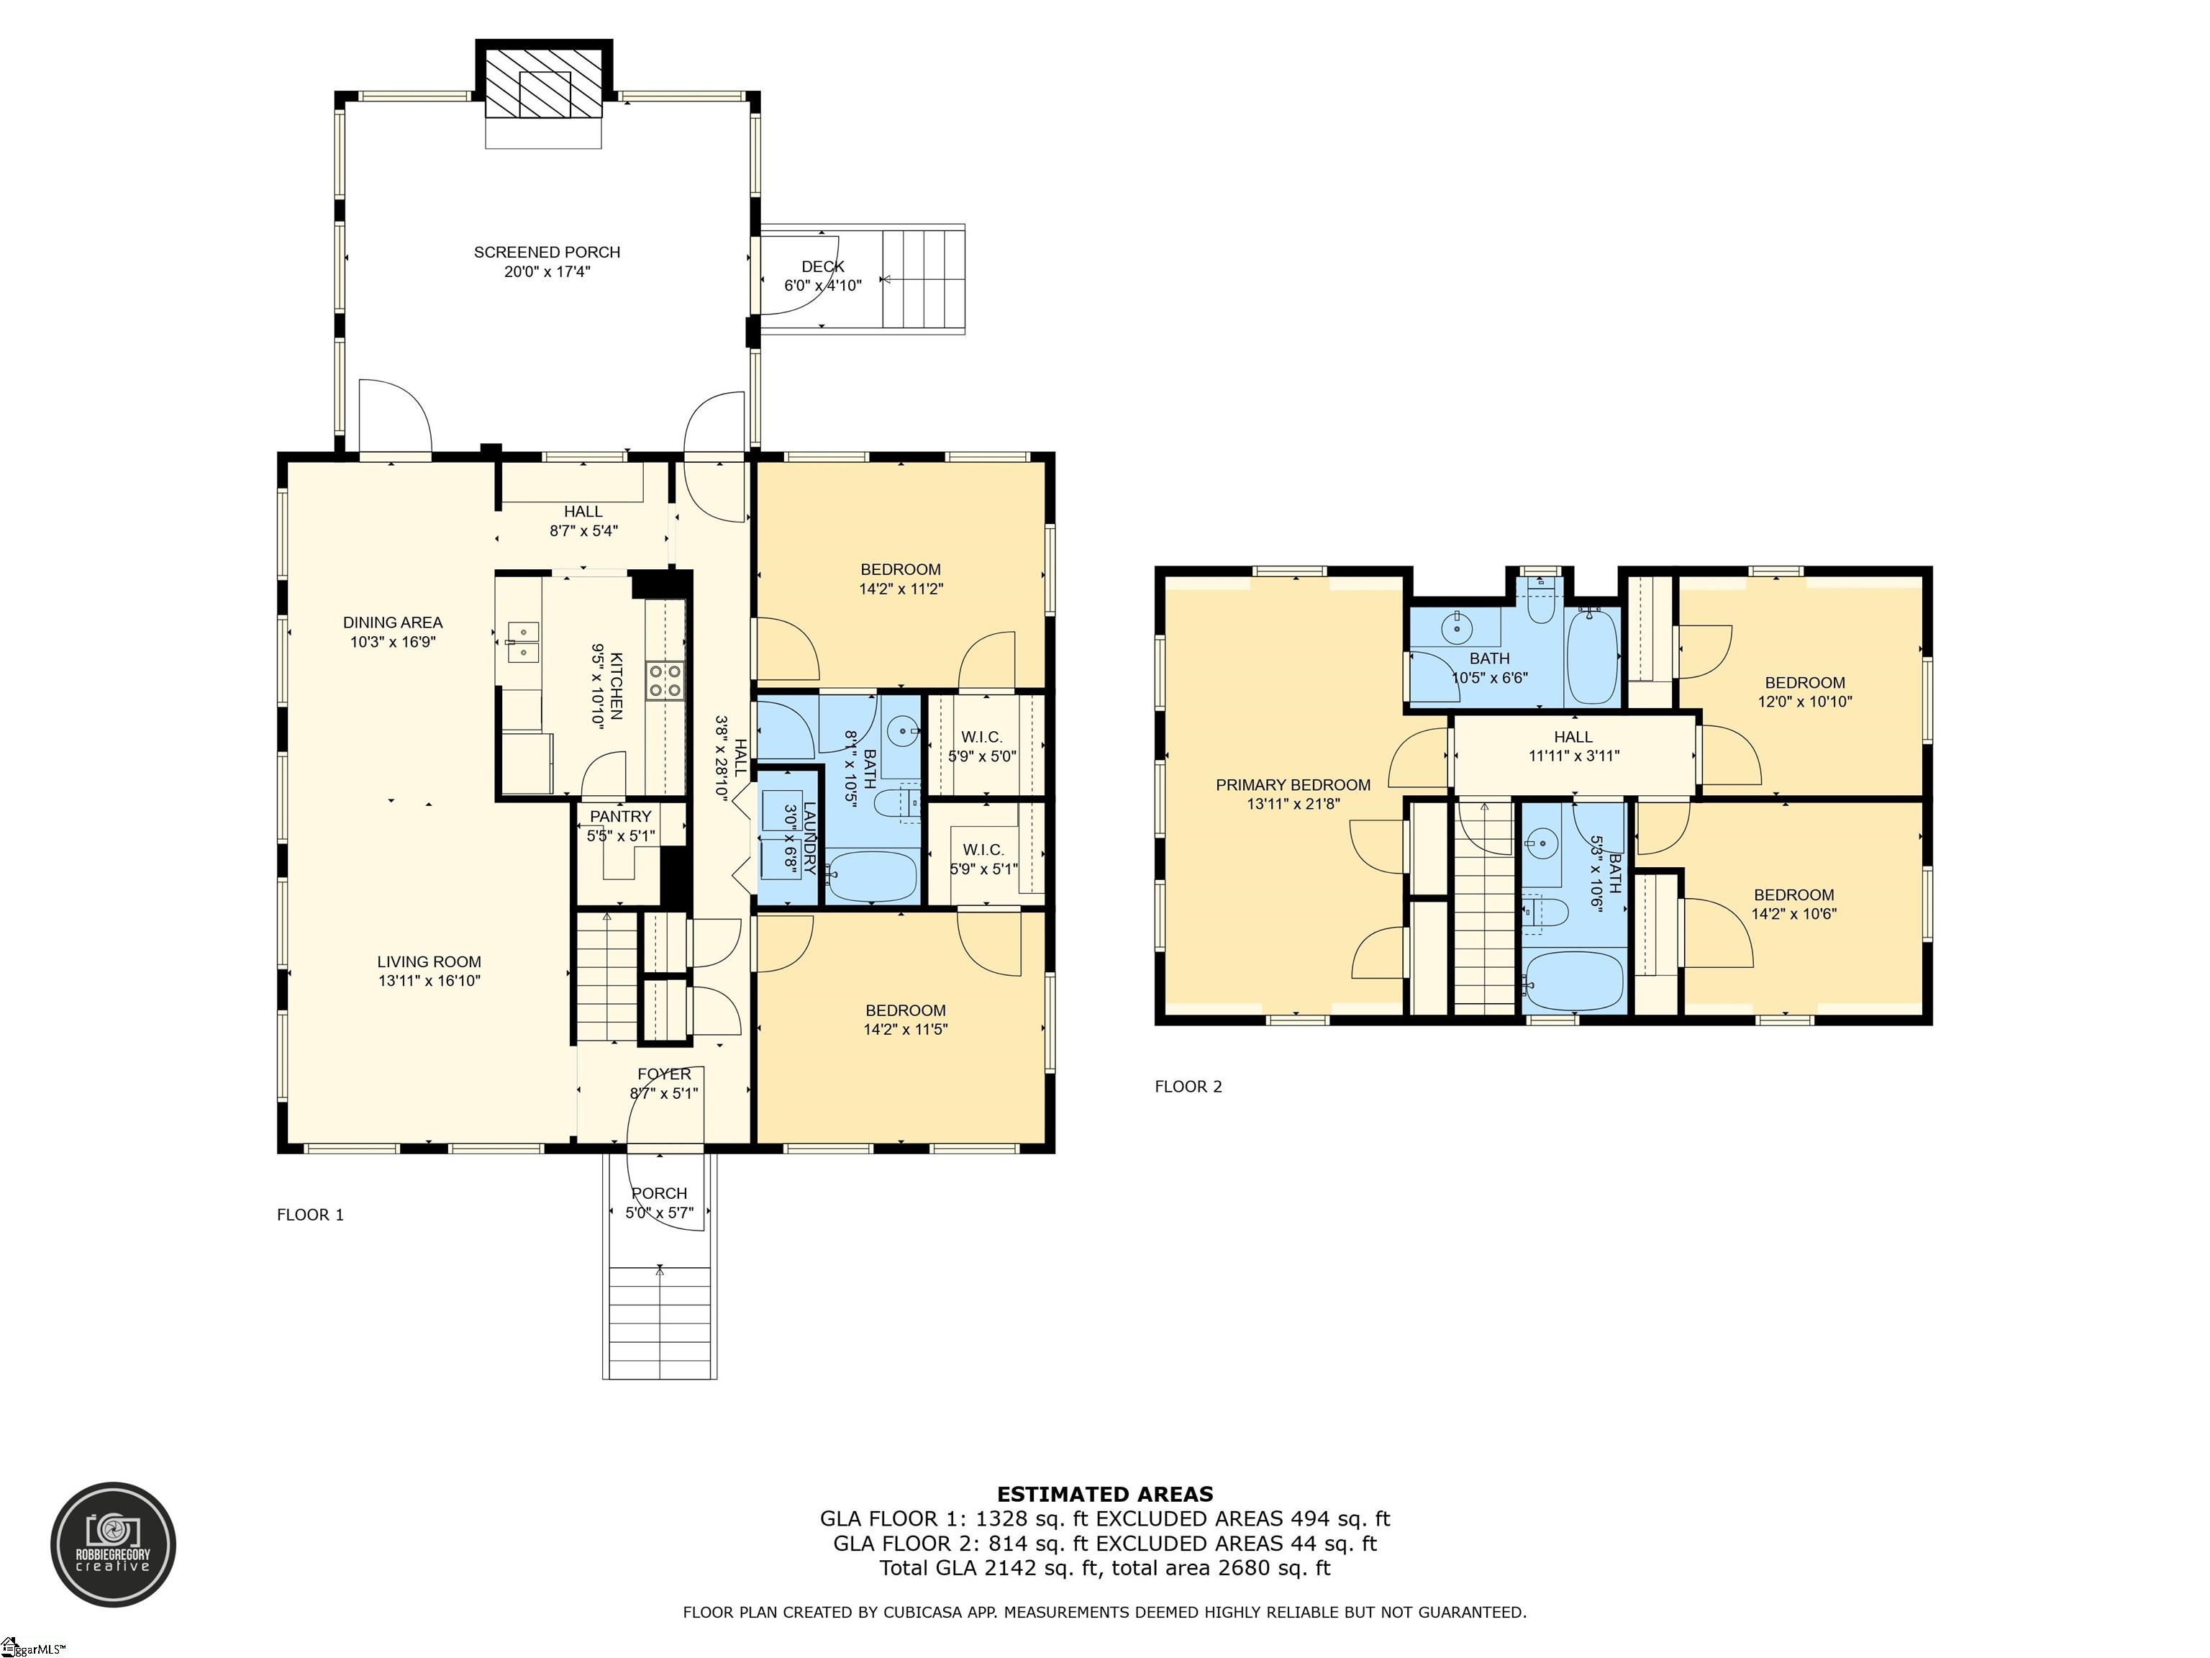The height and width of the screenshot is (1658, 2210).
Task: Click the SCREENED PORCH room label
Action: [x=547, y=253]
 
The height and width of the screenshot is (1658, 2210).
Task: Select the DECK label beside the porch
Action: [x=822, y=267]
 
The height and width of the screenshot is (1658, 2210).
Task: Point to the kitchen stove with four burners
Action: [x=665, y=681]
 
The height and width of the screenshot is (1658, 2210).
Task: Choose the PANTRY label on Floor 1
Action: [x=620, y=817]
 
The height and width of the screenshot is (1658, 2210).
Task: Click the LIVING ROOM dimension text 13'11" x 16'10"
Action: [x=429, y=980]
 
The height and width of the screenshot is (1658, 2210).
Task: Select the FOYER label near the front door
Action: [x=665, y=1074]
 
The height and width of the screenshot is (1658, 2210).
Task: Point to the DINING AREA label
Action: [x=393, y=622]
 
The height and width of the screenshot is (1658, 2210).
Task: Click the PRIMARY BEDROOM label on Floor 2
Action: [x=1293, y=786]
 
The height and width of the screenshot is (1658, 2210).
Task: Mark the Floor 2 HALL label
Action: [x=1573, y=738]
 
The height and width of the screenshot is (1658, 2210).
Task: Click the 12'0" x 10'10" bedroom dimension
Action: [x=1804, y=702]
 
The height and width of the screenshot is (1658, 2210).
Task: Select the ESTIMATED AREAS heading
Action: [x=1105, y=1494]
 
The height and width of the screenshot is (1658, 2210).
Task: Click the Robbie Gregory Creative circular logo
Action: [x=114, y=1544]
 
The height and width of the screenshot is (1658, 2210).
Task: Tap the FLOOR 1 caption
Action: [x=311, y=1214]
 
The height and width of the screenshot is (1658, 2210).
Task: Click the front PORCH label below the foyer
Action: [x=660, y=1193]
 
